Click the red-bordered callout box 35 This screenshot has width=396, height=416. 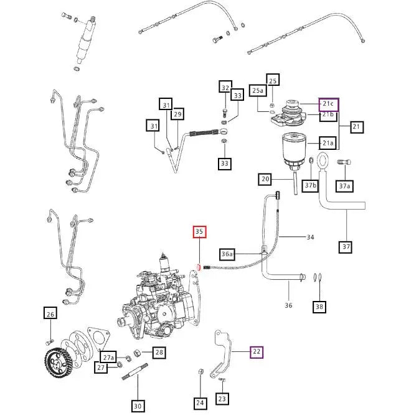point(199,233)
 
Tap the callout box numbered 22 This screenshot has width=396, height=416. point(256,352)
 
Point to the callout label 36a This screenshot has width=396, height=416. point(228,254)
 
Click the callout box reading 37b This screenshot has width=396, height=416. point(310,186)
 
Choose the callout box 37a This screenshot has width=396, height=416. point(344,186)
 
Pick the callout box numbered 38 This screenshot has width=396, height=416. point(319,306)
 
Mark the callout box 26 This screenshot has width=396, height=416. point(50,313)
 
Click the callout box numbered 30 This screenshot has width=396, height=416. point(138,406)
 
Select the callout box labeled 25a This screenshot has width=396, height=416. point(258,91)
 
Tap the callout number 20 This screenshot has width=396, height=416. point(266,180)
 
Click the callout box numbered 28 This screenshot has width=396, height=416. point(159,353)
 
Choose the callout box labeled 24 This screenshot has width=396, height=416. point(200,403)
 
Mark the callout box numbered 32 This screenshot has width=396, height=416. point(225,88)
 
